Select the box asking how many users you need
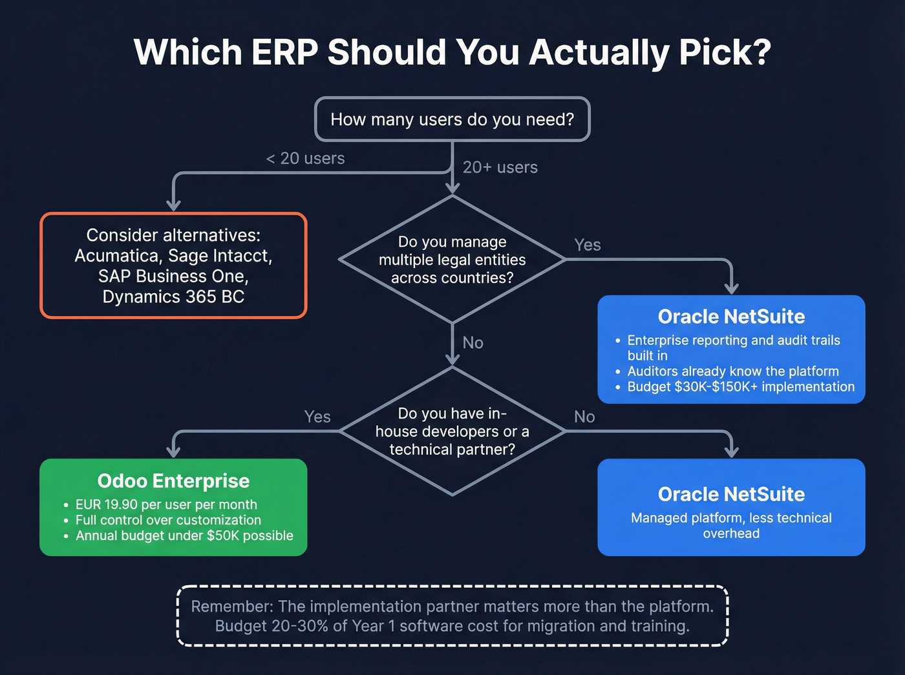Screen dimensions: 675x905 [x=452, y=119]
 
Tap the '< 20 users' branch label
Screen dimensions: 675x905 [x=305, y=158]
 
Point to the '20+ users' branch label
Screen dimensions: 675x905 [x=500, y=167]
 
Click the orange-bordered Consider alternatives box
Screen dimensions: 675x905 [x=173, y=265]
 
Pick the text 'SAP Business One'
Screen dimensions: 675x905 [x=173, y=276]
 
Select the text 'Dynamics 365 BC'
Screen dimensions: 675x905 [x=173, y=297]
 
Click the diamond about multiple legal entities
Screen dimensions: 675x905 [x=452, y=260]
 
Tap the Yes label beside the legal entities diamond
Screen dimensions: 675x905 [x=587, y=245]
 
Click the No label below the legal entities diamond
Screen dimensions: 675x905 [x=473, y=343]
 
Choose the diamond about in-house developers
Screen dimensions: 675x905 [x=452, y=431]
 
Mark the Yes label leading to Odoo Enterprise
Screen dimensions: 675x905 [x=317, y=417]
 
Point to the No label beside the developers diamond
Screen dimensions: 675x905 [x=584, y=417]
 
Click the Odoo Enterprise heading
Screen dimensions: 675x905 [x=173, y=481]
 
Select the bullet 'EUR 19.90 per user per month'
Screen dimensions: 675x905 [x=166, y=504]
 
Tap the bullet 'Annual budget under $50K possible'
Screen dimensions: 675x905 [x=184, y=535]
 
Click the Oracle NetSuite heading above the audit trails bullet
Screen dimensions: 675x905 [x=731, y=317]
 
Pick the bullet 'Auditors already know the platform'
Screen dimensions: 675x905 [x=732, y=371]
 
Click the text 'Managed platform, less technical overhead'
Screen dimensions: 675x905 [x=731, y=525]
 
